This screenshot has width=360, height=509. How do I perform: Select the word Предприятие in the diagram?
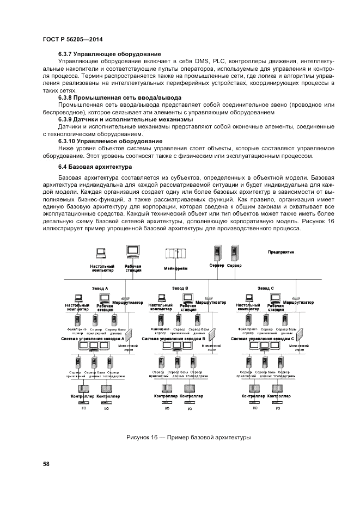[x=281, y=252]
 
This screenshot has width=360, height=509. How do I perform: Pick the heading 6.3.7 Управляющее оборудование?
[x=109, y=54]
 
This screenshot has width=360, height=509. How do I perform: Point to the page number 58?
[x=46, y=464]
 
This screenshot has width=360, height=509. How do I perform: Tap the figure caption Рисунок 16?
[x=188, y=438]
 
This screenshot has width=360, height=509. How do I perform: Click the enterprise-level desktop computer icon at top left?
[x=101, y=253]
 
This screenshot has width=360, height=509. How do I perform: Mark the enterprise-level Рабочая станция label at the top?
[x=133, y=268]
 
